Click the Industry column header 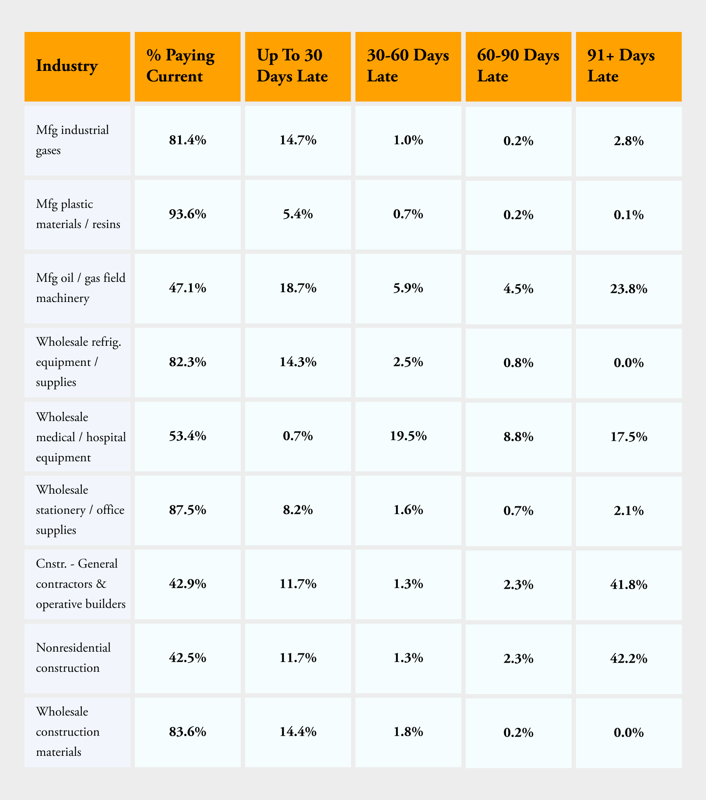(x=67, y=66)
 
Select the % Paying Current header (x=180, y=66)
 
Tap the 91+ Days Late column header (x=621, y=66)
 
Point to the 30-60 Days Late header (x=408, y=66)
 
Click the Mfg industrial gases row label (x=72, y=140)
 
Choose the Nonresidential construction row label (x=73, y=658)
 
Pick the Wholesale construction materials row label (x=68, y=732)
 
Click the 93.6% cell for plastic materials (x=187, y=214)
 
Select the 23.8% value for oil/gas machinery (x=629, y=289)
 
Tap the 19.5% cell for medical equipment (x=408, y=436)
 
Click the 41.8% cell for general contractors (x=629, y=584)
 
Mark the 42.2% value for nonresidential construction (x=629, y=658)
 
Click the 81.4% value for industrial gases (x=187, y=140)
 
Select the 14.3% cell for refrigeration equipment (x=298, y=362)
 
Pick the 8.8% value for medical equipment (x=518, y=436)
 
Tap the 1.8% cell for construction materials (x=408, y=732)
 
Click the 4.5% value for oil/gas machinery (x=518, y=289)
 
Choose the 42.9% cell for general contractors (x=187, y=584)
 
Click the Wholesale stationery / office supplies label (x=80, y=510)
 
